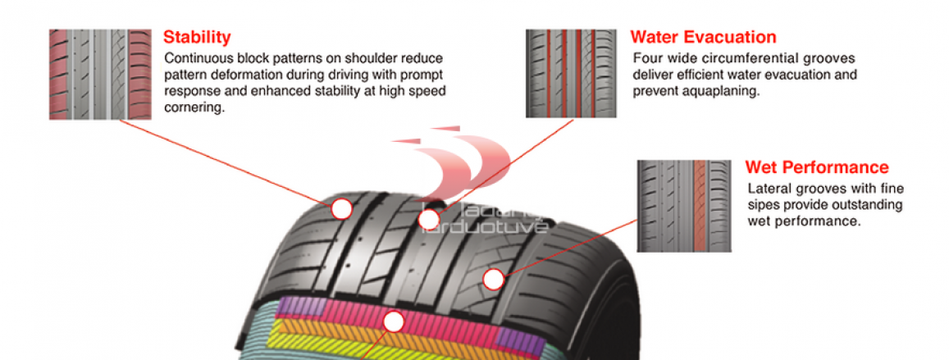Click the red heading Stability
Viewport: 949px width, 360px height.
tap(197, 38)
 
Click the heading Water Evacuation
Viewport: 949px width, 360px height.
tap(703, 38)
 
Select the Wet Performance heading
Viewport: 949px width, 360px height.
tap(816, 168)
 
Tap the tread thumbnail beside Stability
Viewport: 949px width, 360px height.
tap(100, 75)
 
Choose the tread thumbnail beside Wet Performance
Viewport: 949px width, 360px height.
tap(683, 205)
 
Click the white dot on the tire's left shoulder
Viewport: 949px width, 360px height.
tap(342, 209)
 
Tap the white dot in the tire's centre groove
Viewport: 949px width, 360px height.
tap(429, 219)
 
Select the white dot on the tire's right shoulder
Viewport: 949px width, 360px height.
tap(493, 280)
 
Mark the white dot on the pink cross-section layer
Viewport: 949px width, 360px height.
tap(394, 321)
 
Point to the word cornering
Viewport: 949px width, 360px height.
tap(194, 107)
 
